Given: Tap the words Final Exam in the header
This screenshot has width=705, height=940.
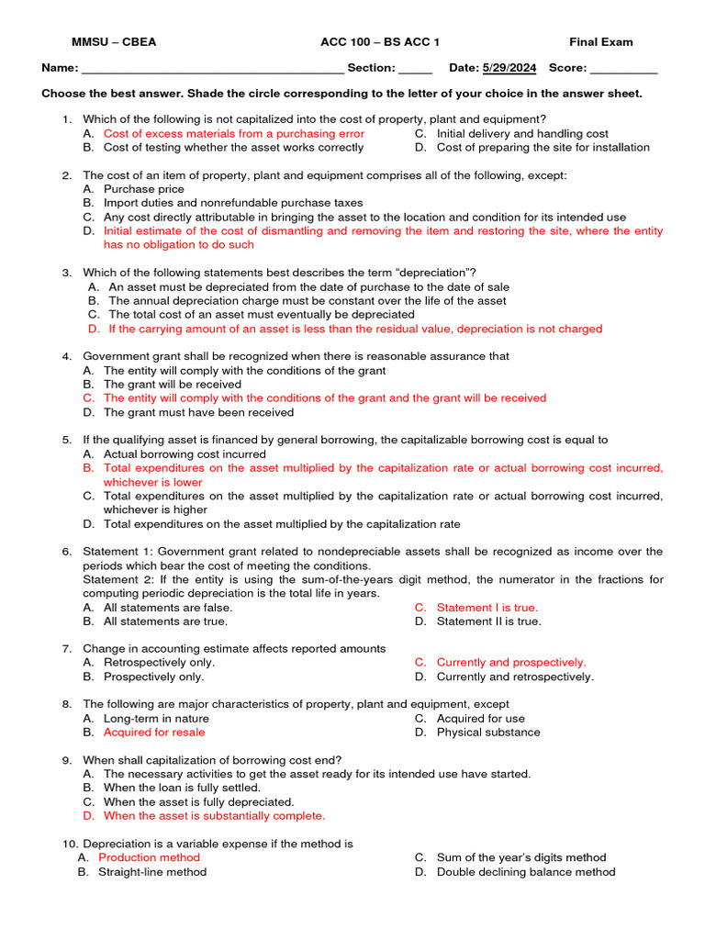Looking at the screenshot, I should [600, 42].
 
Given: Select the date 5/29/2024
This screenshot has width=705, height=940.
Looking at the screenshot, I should [509, 68].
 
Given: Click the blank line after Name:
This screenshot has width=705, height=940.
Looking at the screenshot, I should [213, 70].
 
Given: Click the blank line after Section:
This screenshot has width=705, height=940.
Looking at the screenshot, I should [416, 70].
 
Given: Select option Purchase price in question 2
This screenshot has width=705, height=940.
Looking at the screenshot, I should [143, 189].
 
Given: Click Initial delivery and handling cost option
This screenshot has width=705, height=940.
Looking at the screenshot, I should [522, 133].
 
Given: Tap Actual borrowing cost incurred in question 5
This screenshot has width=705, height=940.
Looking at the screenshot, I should [185, 453].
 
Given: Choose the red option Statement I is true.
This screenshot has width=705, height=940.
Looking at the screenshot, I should [487, 607].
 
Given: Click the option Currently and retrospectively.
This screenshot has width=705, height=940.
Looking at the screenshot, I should [515, 677].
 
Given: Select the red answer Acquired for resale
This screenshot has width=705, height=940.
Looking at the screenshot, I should [154, 732].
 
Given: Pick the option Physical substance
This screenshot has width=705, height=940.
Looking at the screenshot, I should [488, 732].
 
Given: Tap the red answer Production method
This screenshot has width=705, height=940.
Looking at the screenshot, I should [149, 857].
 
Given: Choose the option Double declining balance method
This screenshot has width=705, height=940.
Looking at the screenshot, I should [526, 872].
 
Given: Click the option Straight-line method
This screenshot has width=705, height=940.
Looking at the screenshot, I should [152, 872].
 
